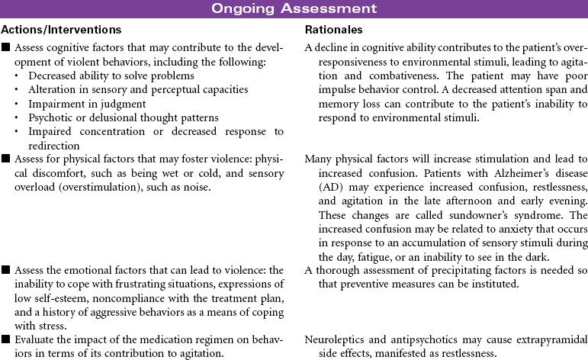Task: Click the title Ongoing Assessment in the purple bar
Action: (x=294, y=8)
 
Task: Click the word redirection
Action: (x=53, y=145)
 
